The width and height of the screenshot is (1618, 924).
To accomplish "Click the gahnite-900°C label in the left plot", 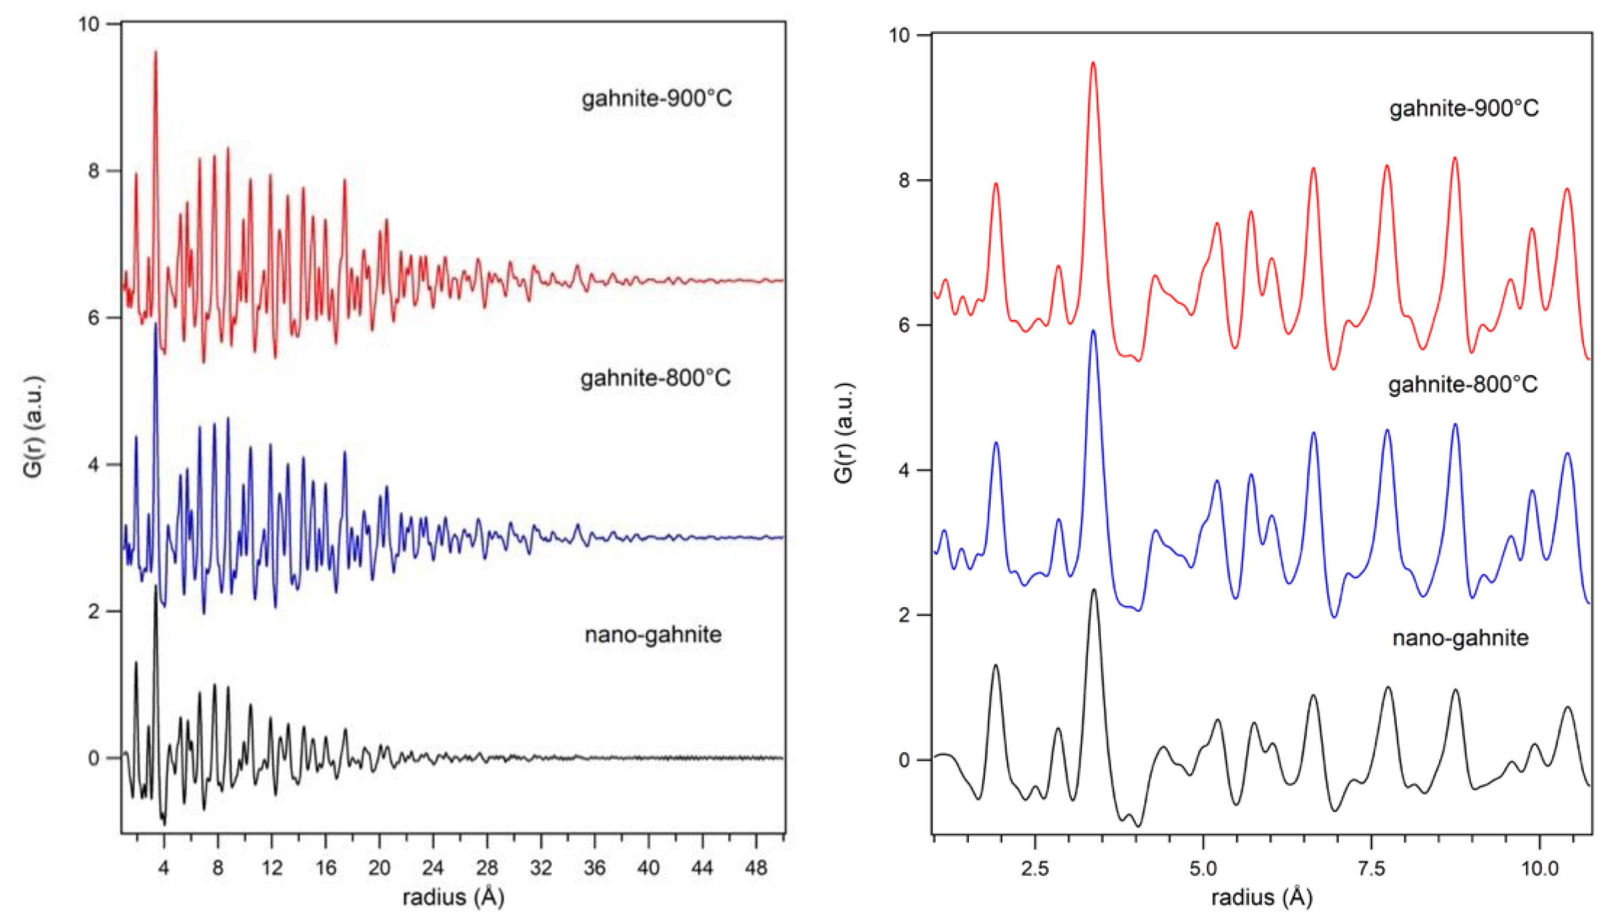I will point(656,98).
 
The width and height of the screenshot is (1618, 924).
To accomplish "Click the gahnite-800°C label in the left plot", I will point(655,379).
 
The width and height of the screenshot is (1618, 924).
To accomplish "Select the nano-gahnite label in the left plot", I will point(653,634).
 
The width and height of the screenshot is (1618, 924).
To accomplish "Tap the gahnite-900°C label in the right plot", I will point(1464,108).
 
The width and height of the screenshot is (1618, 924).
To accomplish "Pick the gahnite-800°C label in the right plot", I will point(1462,385).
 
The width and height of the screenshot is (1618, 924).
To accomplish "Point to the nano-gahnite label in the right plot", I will point(1460,638).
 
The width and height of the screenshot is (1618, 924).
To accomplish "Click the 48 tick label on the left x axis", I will point(755,867).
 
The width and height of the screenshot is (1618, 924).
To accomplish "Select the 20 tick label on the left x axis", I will point(379,867).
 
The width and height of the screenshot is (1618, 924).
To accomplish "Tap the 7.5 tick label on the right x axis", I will point(1371,868).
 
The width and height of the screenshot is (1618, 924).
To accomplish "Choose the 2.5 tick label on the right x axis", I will point(1035,868).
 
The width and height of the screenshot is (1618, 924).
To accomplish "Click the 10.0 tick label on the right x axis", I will point(1539,868).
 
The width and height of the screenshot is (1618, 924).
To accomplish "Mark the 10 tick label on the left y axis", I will point(89,24).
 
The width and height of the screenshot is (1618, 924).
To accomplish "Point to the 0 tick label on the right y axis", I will point(905,760).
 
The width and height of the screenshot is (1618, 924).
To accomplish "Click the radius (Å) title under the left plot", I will point(453,897).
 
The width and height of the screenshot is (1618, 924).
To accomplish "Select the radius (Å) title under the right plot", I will point(1261,897).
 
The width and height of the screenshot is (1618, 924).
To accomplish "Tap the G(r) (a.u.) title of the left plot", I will point(33,427).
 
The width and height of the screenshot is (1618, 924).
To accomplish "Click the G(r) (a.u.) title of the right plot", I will point(843,433).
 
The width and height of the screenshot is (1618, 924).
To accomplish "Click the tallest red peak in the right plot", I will point(1092,63).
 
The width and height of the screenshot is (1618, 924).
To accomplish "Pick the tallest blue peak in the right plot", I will point(1092,331).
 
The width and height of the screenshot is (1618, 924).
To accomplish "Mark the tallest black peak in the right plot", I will point(1093,590).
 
